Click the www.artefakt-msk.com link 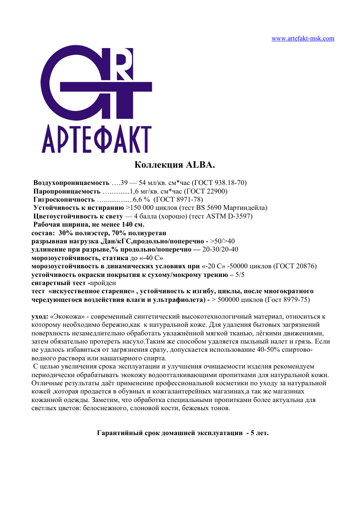(302, 39)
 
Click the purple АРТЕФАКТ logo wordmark (96, 136)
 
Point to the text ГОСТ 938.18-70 (219, 183)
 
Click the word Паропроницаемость (67, 191)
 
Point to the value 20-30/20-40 (220, 249)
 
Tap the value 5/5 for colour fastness (240, 274)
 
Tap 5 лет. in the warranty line (260, 433)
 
